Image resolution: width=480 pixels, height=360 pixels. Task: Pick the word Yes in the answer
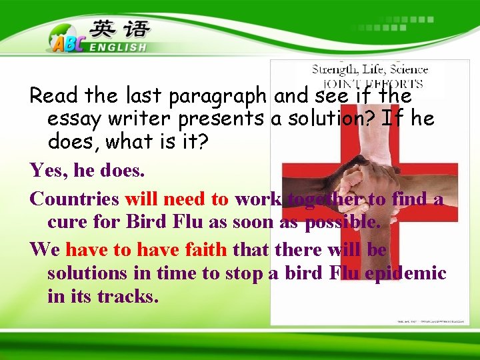point(49,171)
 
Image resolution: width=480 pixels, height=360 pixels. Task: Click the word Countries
point(75,199)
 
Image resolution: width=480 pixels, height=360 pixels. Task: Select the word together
point(325,199)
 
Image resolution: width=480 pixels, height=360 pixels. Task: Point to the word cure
point(68,222)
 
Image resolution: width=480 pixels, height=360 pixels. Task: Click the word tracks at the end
point(128,296)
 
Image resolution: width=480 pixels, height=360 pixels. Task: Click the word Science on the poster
point(409,69)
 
